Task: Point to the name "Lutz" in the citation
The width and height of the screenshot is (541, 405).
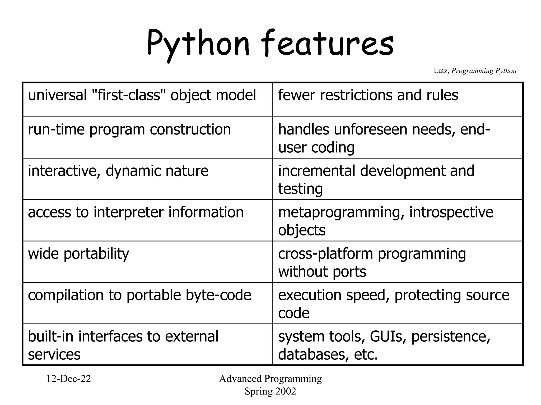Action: point(441,71)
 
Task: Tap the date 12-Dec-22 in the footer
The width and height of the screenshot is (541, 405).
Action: point(69,379)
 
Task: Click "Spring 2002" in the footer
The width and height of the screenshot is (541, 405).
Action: point(270,391)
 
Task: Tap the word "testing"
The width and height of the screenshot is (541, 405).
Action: point(300,189)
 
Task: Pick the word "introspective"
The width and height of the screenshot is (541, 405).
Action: point(451,212)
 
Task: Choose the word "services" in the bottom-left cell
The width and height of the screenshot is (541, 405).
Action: point(54,354)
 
